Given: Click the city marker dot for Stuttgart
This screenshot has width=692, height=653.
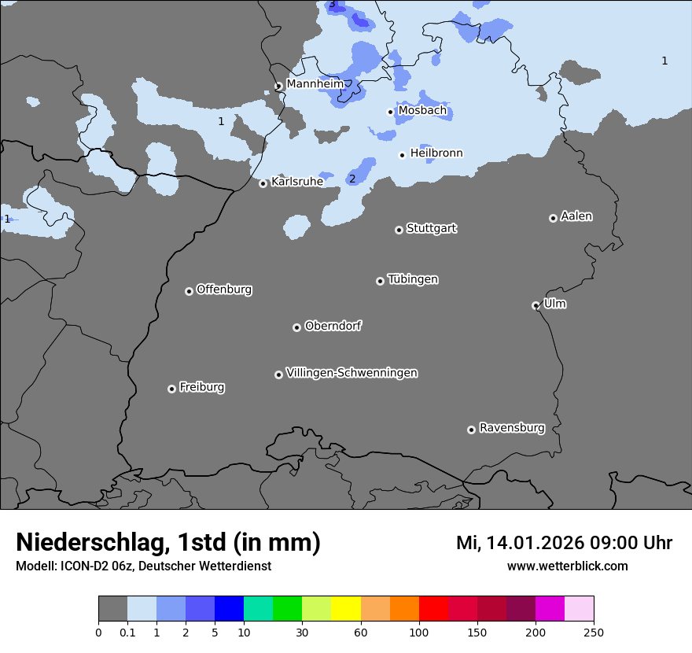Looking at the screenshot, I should coord(399,230).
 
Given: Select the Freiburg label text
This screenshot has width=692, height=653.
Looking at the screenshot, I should coord(201,387).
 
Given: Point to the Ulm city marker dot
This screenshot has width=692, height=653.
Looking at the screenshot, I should coord(536,305).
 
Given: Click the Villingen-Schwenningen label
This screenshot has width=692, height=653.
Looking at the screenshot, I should coord(352,373).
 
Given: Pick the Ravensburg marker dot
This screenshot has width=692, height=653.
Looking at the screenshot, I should coord(471,430).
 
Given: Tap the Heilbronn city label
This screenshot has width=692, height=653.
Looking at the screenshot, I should coord(436,153).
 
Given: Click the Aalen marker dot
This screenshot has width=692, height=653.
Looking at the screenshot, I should coord(553,218).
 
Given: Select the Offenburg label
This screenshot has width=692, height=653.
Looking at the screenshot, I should coord(224,290).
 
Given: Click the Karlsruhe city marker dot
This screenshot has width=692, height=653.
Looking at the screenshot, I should coord(263,183).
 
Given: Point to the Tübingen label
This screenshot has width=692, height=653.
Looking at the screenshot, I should coord(413,279).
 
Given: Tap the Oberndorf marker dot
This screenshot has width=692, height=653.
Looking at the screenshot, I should coord(296,327).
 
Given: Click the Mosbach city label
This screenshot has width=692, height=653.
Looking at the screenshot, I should coord(422,111).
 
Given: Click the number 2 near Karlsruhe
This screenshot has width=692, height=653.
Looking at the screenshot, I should coord(352,179).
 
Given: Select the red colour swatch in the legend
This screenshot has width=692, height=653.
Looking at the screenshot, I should coord(433,609).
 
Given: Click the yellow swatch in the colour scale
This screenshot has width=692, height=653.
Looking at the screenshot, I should coord(346,609).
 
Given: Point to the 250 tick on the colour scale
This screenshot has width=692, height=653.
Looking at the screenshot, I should coord(594,632).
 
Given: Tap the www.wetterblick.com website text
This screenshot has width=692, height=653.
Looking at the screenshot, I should coord(567,566).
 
